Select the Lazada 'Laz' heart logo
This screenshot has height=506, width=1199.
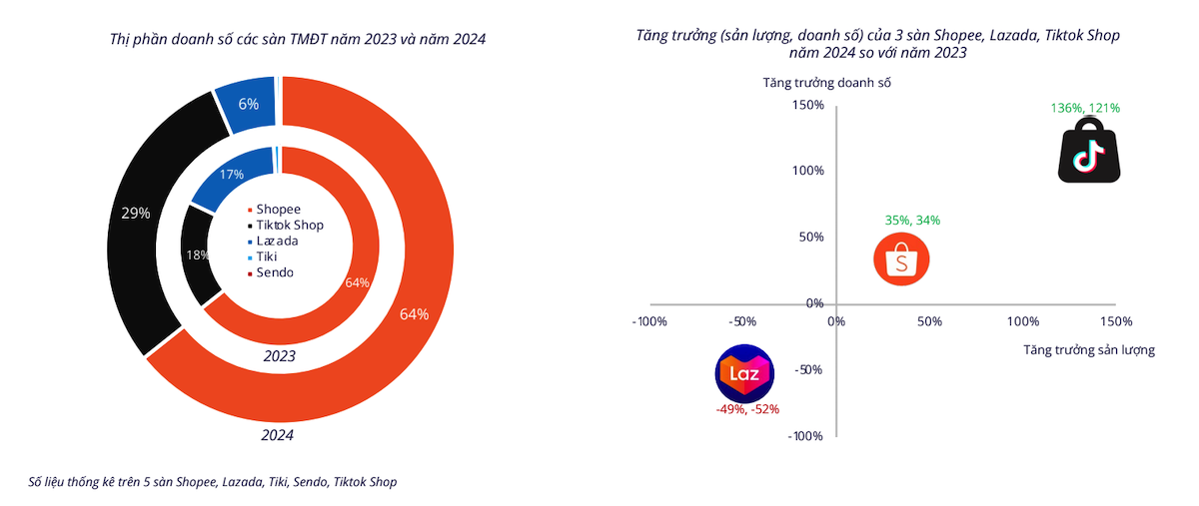744,374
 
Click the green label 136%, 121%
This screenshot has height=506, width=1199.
1085,108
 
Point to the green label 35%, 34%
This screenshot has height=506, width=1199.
911,221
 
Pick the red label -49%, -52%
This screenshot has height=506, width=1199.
746,409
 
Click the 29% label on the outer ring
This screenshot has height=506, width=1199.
135,213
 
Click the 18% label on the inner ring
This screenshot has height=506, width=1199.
197,255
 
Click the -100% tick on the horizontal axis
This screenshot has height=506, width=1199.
650,322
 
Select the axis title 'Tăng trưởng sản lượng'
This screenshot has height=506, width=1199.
1089,350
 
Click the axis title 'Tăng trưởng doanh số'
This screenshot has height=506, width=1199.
826,83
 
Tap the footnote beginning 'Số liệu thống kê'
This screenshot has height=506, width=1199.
213,482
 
